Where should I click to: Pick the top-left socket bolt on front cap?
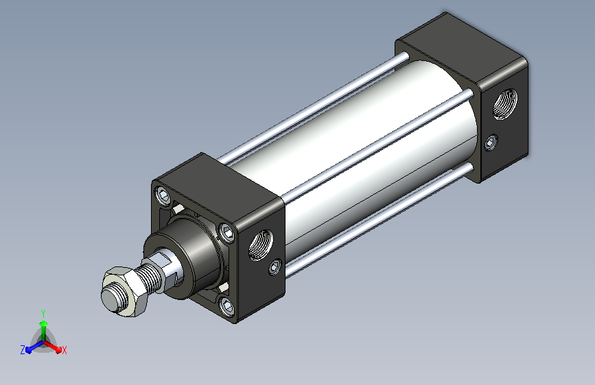coord(163,195)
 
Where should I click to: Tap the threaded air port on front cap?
coord(261,245)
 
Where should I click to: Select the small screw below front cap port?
coord(275,266)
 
